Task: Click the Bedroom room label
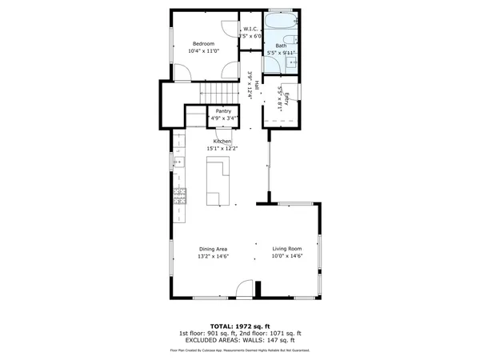coord(203,43)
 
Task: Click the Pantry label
coord(223,111)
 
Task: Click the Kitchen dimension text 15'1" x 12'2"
coord(222,148)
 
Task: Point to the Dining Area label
coord(214,250)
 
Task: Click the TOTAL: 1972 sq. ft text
coord(240,326)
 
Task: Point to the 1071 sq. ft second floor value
coord(286,333)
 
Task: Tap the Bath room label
coord(281,46)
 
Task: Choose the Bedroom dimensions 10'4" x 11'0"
coord(203,51)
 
